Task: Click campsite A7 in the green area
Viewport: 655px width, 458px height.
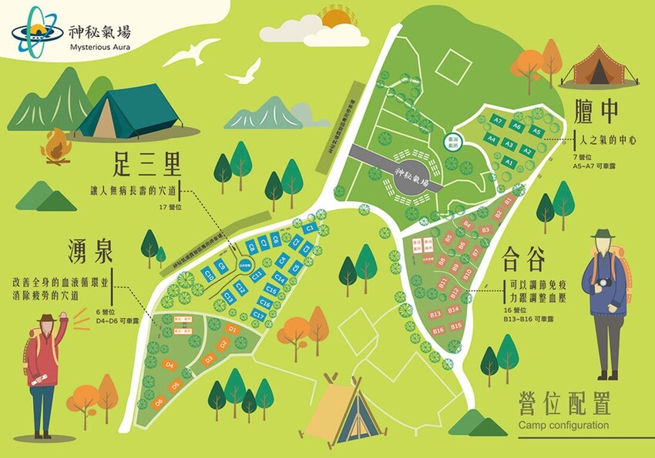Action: tap(498, 122)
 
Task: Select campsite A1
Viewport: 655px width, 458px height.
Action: tap(509, 162)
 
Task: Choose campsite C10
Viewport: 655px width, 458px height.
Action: tap(209, 274)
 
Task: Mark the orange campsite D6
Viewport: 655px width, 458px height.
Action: tap(160, 401)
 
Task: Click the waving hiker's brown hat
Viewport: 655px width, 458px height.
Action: tap(48, 319)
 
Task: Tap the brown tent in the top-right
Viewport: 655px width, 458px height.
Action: tap(600, 67)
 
